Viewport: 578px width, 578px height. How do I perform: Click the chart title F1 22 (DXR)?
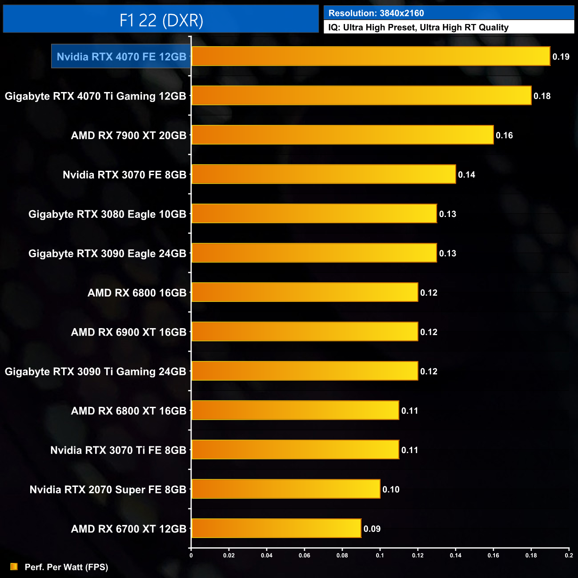coord(161,20)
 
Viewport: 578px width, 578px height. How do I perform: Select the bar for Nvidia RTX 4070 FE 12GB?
coord(370,56)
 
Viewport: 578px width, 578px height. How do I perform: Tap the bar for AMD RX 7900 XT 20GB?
coord(342,135)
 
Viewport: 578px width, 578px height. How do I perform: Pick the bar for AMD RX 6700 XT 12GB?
coord(276,529)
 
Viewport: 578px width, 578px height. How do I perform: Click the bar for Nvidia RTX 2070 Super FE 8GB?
coord(285,489)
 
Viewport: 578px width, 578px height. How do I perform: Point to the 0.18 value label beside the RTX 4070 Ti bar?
coord(542,96)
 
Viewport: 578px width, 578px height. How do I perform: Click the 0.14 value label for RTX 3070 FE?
coord(466,175)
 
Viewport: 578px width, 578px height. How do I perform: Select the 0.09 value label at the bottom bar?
coord(372,529)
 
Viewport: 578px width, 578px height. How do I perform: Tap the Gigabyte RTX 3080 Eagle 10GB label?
coord(107,214)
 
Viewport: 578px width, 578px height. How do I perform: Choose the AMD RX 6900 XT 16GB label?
coord(128,332)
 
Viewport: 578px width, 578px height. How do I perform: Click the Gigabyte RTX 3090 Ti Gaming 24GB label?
coord(95,372)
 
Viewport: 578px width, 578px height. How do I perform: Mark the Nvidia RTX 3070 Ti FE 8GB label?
coord(118,450)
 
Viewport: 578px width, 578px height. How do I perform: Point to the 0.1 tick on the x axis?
coord(380,555)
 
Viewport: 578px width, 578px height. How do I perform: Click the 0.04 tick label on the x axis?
coord(267,555)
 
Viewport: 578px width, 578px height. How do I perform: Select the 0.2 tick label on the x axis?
coord(569,555)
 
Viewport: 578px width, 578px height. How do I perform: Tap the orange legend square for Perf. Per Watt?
coord(14,566)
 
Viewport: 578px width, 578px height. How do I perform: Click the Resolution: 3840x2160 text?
coord(376,13)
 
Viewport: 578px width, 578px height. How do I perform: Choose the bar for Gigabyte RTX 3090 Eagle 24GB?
coord(314,253)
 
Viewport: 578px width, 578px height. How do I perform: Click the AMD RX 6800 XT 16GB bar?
coord(295,410)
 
